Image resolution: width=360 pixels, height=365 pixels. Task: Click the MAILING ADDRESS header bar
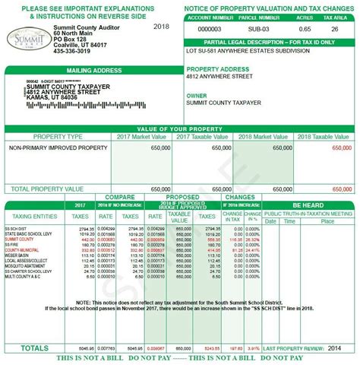(90, 70)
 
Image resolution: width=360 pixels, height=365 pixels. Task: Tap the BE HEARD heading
(308, 205)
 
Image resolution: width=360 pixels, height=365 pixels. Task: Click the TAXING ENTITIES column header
(32, 215)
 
